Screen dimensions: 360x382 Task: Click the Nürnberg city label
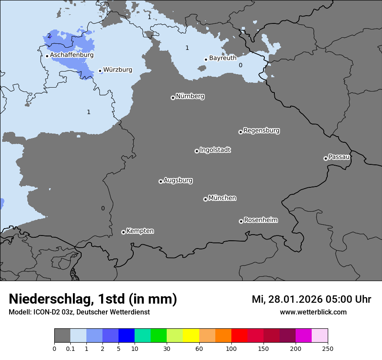pos(190,96)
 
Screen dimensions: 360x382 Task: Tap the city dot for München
pos(205,199)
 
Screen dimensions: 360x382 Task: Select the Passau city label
pos(339,157)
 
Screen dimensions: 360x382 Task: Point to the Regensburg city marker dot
pos(240,132)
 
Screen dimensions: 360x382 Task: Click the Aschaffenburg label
pos(72,55)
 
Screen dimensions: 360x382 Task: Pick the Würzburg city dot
pos(100,71)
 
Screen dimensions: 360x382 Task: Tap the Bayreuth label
pos(223,58)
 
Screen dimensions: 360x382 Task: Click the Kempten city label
pos(140,231)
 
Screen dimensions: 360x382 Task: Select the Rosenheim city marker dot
pos(241,221)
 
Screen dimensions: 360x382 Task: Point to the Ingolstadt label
pos(215,150)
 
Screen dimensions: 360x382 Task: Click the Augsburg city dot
pos(161,181)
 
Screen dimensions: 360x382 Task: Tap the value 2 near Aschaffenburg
pos(49,36)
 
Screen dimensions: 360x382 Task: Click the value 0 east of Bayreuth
pos(240,65)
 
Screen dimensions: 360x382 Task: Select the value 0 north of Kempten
pos(103,208)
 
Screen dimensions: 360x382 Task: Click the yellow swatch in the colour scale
pos(191,336)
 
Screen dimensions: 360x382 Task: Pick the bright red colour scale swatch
pos(239,336)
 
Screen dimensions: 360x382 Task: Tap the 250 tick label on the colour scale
pos(328,348)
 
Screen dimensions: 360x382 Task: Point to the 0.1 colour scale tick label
pos(70,348)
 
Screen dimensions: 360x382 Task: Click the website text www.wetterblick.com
pos(313,312)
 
